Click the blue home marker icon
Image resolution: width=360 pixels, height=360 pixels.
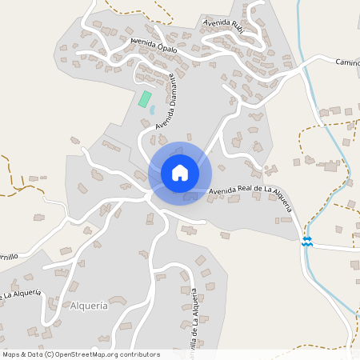[180, 173]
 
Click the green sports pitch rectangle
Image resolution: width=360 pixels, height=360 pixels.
[145, 99]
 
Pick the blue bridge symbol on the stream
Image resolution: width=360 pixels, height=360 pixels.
[306, 241]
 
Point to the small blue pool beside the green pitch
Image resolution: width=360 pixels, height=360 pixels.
[152, 110]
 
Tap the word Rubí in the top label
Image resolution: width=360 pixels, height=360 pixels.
[239, 24]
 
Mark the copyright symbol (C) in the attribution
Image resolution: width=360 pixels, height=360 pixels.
[50, 354]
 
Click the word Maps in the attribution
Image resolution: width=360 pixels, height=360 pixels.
[11, 354]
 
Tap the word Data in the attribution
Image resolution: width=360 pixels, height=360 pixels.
[34, 354]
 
